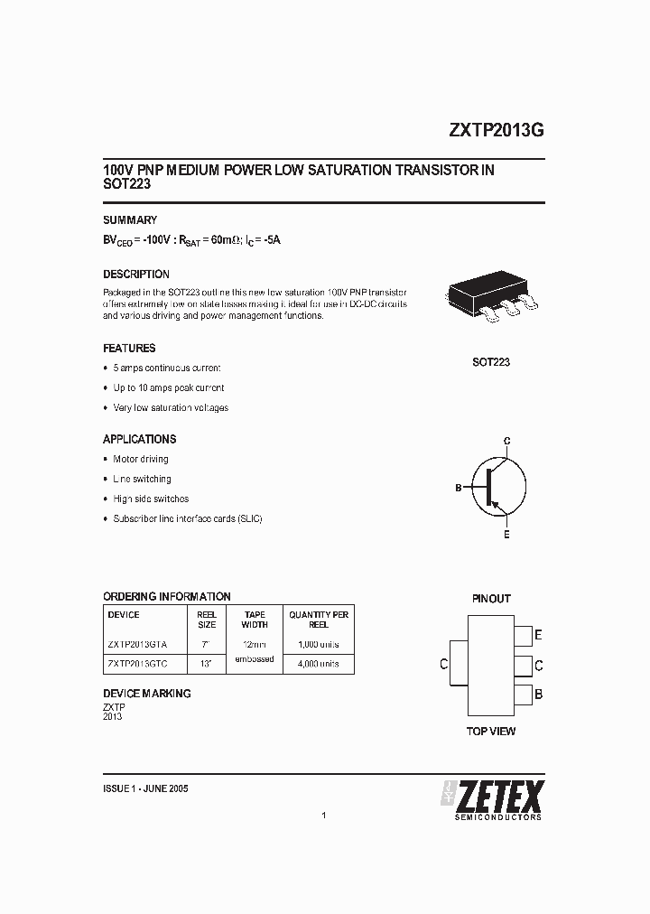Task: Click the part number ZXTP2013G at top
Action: click(496, 129)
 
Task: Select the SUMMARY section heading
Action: click(130, 220)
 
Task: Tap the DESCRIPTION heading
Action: click(136, 275)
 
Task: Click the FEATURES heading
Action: click(129, 349)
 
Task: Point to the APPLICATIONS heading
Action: click(140, 440)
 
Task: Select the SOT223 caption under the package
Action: click(491, 362)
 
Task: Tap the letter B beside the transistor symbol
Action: click(459, 488)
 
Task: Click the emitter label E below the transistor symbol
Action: click(506, 535)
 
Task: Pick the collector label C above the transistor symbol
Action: click(507, 441)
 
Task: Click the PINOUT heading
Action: click(491, 599)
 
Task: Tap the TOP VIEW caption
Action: click(491, 732)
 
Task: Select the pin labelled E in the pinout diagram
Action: click(524, 635)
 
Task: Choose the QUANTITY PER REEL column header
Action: click(319, 620)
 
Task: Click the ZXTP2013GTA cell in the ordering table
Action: click(137, 645)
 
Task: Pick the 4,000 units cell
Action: click(319, 664)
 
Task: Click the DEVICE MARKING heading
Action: click(147, 694)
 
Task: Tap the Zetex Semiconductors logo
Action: click(491, 800)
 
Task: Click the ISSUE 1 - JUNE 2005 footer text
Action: click(146, 788)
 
